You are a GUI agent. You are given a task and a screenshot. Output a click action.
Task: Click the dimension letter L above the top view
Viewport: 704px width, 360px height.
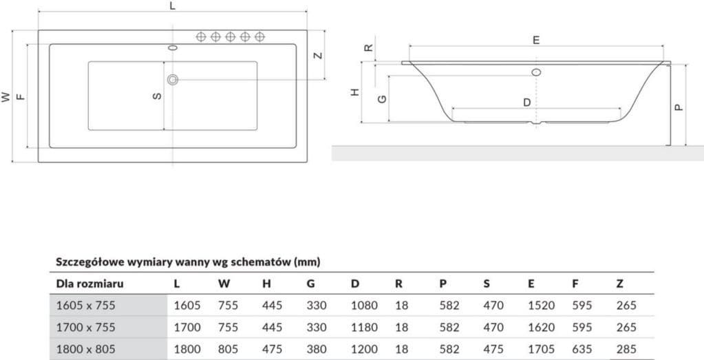tap(172, 6)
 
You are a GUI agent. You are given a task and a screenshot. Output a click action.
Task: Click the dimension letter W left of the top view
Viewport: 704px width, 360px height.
tap(6, 97)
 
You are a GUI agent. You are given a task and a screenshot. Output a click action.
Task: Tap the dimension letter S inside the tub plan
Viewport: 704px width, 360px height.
tap(157, 96)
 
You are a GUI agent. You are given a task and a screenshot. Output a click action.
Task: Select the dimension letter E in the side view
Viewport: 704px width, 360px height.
tap(537, 41)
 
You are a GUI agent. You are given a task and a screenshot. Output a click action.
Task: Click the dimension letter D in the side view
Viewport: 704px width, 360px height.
tap(526, 103)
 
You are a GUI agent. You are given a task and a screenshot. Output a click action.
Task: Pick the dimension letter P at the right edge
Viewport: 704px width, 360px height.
tap(677, 107)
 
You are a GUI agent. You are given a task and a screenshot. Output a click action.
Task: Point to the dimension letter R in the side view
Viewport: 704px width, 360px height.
tap(368, 48)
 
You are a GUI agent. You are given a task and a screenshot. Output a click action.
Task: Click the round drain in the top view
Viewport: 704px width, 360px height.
tap(173, 80)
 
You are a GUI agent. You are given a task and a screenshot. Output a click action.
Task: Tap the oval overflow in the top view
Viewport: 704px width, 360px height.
tap(173, 48)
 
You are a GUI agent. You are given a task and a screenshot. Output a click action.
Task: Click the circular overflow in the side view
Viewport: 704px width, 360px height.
tap(536, 71)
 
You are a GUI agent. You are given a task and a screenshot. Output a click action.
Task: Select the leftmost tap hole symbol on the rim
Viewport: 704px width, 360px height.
tap(202, 36)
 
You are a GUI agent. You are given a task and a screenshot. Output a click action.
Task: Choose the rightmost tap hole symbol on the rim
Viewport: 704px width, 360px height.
tap(260, 36)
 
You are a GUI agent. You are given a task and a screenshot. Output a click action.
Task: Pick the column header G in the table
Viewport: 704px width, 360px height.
tap(310, 284)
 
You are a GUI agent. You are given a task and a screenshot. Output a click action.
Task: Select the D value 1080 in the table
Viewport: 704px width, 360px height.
tap(364, 305)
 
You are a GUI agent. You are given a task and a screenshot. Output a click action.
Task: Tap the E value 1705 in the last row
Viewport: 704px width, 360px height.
tap(541, 349)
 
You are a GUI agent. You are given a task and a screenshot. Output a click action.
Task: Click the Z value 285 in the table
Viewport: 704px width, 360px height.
tap(626, 349)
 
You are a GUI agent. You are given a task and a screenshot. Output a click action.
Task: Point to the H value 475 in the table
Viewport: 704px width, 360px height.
tap(272, 349)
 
